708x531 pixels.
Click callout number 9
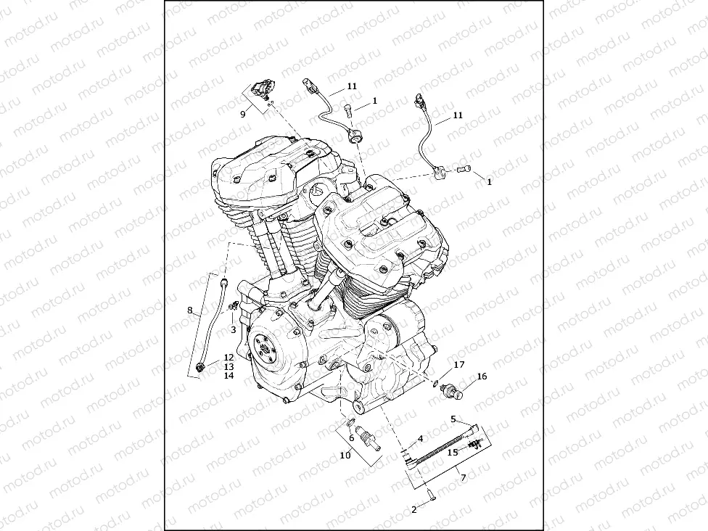pos(243,114)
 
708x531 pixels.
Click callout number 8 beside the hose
pos(190,310)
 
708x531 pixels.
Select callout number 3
pos(233,329)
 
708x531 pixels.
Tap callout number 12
pos(228,357)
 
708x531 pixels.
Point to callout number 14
pos(228,376)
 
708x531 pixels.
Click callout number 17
pos(458,364)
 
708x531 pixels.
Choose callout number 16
pos(482,376)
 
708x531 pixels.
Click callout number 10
pos(345,455)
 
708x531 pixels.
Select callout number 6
pos(352,438)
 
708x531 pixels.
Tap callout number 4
pos(420,439)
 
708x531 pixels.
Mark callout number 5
pos(454,419)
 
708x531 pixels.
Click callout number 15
pos(452,452)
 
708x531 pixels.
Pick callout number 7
pos(463,477)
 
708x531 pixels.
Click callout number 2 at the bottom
pos(413,511)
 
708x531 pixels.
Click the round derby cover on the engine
pos(265,351)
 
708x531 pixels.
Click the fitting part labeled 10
pos(371,440)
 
